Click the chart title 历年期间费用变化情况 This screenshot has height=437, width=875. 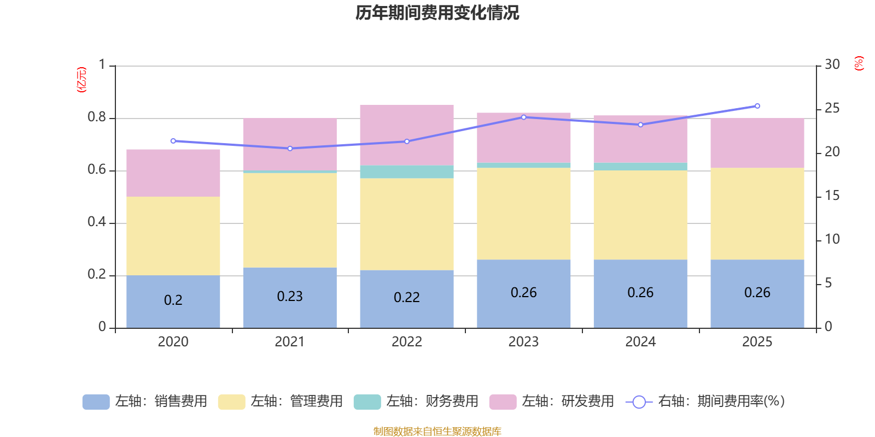[437, 13]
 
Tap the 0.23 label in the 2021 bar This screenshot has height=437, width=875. [290, 296]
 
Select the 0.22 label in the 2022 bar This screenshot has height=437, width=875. [407, 297]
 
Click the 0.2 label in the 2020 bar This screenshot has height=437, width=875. [173, 300]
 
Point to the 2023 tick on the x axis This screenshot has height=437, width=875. [523, 341]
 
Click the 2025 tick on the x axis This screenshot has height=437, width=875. [757, 341]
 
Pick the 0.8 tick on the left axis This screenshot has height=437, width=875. [97, 117]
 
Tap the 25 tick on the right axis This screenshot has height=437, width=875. [832, 108]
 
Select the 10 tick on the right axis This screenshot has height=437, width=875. [832, 239]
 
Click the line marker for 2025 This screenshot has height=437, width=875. [757, 106]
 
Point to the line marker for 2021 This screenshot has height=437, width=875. [290, 149]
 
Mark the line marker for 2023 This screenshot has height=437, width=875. [523, 117]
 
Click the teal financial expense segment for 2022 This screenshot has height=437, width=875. [407, 172]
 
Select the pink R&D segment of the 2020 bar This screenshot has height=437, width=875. [173, 173]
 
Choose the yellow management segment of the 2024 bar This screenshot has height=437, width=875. [640, 215]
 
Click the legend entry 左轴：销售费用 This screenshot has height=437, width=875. [145, 401]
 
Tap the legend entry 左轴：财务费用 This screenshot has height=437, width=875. [416, 401]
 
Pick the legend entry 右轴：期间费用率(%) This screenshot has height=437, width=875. [705, 401]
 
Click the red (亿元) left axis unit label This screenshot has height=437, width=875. [81, 80]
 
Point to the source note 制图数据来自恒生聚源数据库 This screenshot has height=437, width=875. [437, 432]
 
